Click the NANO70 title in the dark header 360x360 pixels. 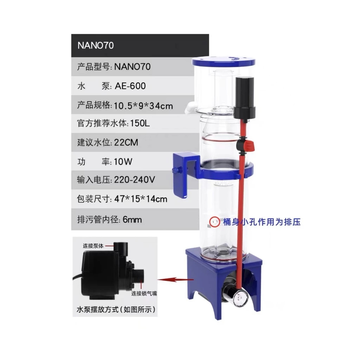(95, 46)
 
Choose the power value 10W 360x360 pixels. (123, 162)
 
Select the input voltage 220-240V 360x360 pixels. (135, 180)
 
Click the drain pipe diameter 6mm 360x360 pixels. (133, 220)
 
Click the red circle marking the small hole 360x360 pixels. (213, 221)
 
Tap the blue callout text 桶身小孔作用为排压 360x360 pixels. (262, 222)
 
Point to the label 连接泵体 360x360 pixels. (93, 246)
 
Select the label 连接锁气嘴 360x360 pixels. (143, 293)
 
